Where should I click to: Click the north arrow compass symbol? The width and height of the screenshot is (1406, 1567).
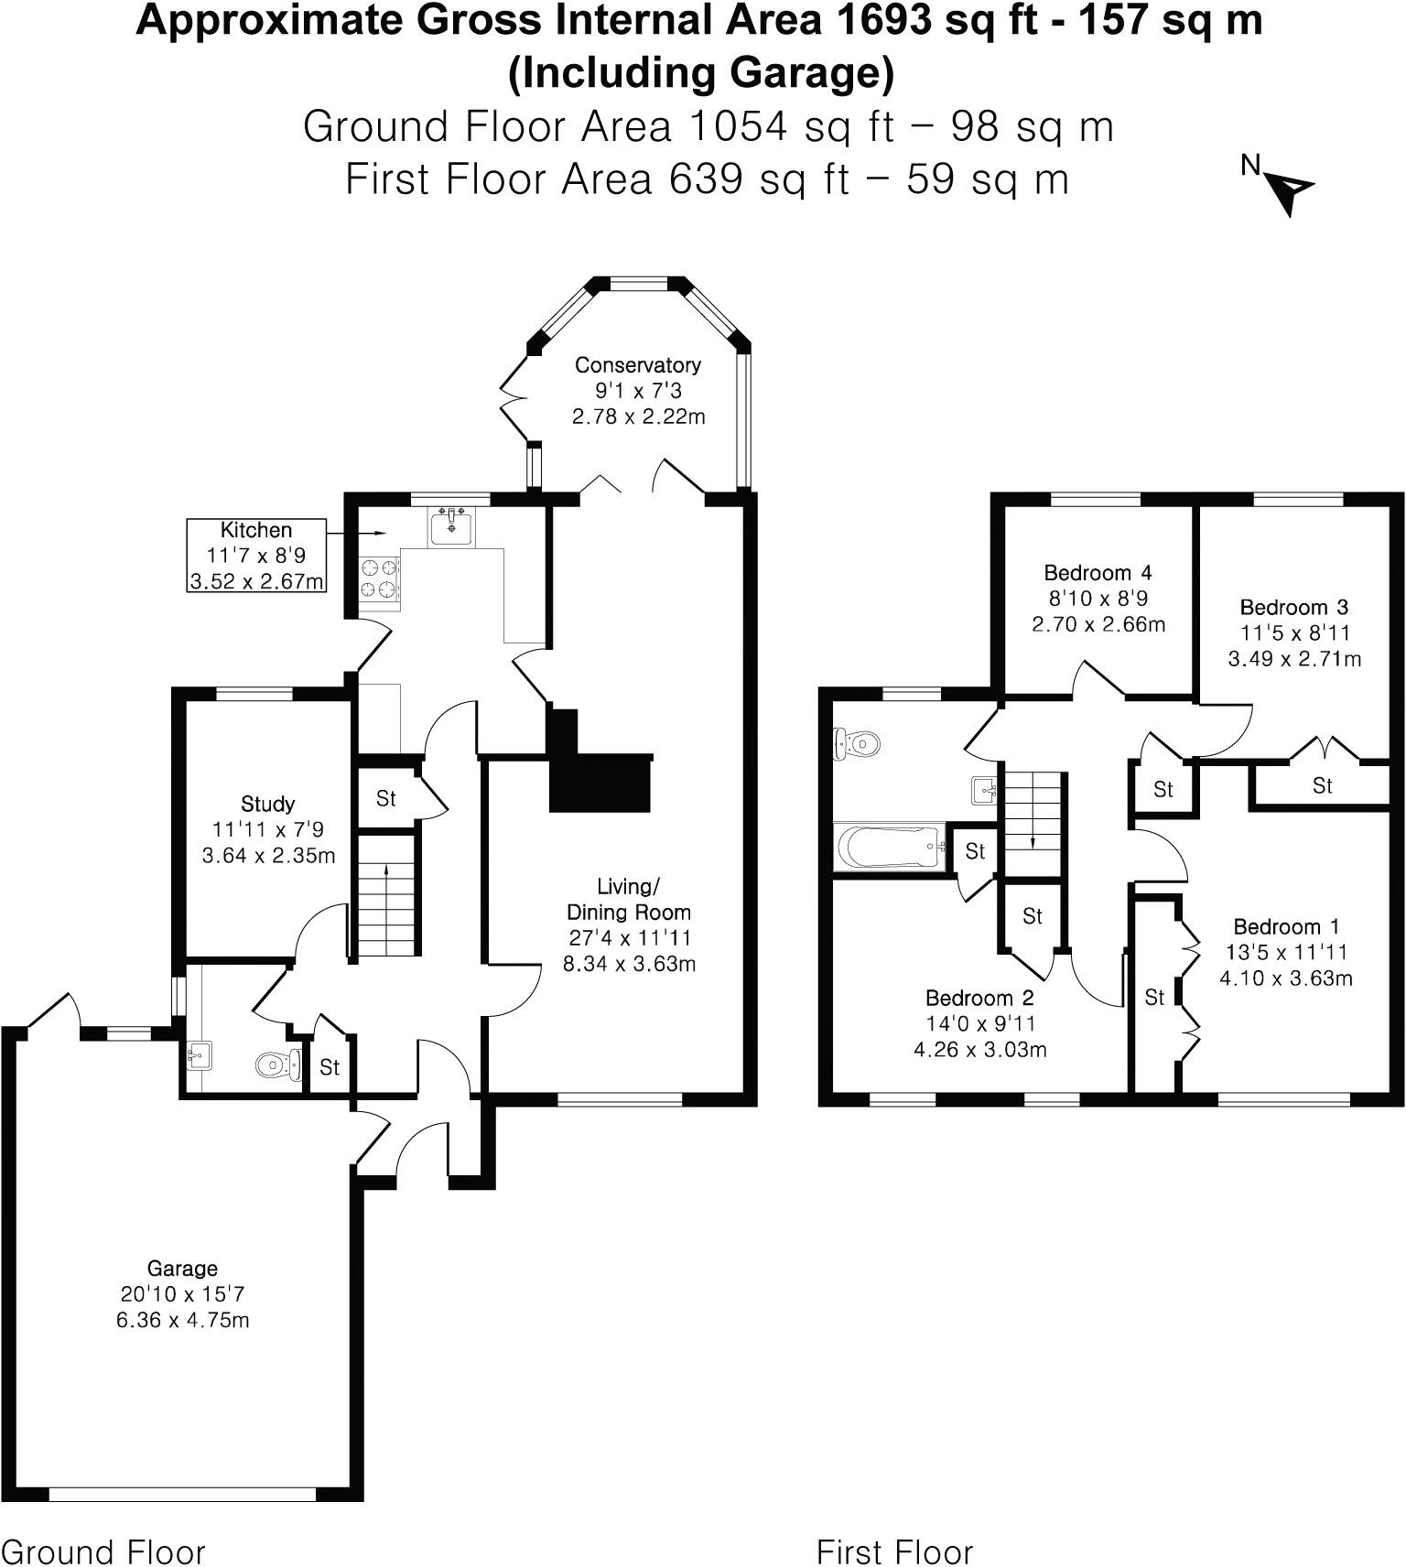click(x=1291, y=190)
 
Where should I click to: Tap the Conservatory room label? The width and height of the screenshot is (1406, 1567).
click(x=637, y=365)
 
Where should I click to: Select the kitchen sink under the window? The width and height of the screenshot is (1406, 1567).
click(x=450, y=527)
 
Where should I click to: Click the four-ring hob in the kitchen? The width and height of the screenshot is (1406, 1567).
click(x=380, y=578)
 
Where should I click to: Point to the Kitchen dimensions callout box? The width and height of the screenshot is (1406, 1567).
click(x=256, y=556)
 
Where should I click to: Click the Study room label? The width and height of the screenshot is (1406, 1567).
click(x=267, y=805)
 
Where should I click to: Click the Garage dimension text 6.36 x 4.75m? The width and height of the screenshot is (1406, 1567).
click(x=182, y=1320)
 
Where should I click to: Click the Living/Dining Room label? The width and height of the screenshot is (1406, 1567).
click(x=628, y=899)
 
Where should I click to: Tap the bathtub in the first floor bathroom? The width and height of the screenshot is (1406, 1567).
click(x=891, y=847)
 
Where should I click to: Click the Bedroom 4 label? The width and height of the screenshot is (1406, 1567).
click(x=1098, y=573)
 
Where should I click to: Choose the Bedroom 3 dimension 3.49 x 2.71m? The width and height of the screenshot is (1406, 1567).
click(x=1293, y=658)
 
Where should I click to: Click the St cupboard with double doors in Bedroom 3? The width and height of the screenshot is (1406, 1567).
click(x=1322, y=785)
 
